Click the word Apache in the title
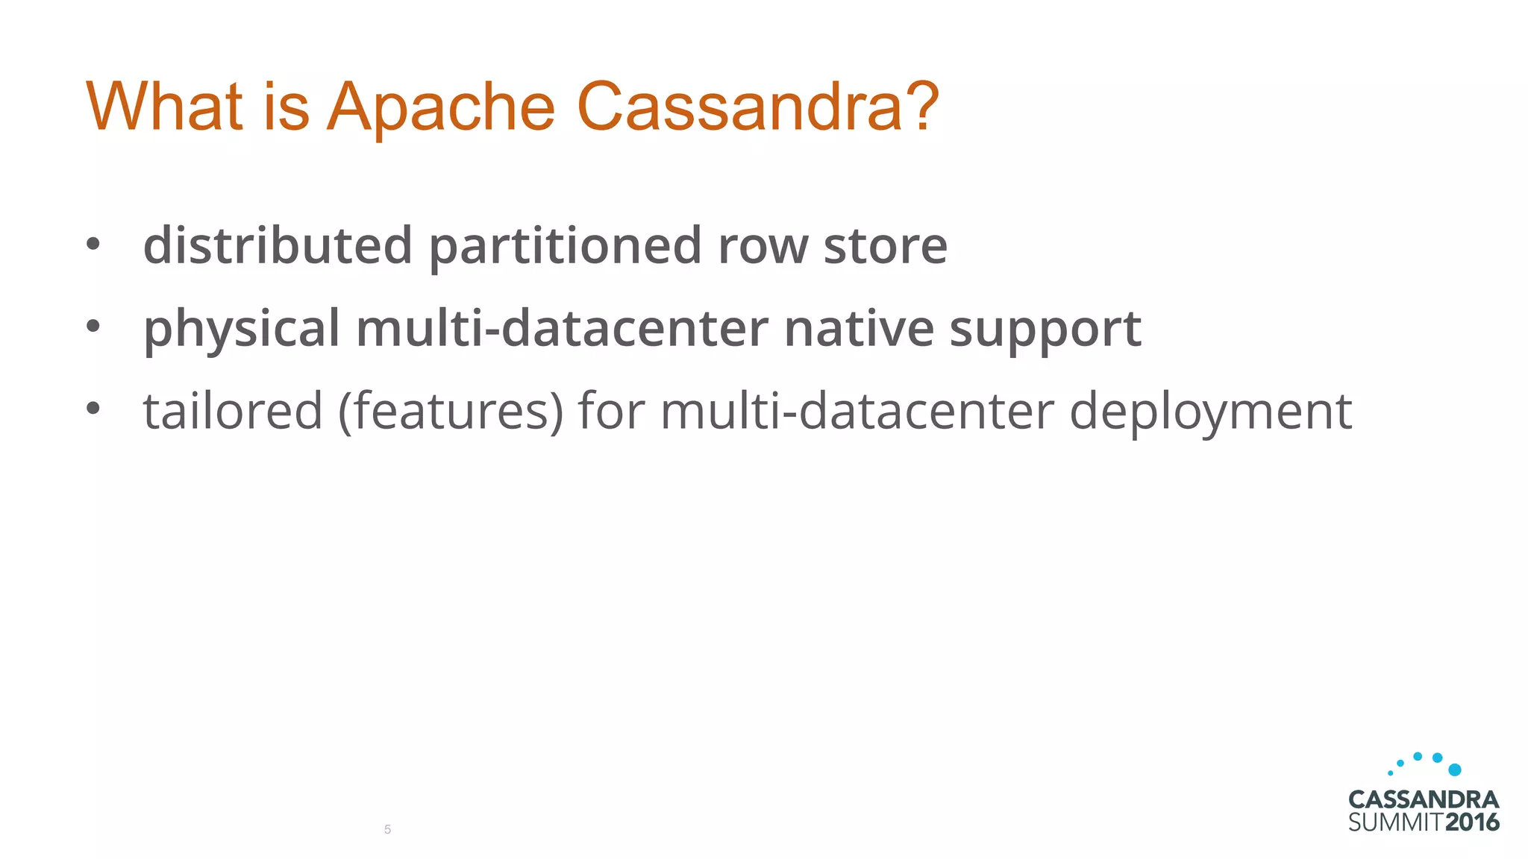point(441,108)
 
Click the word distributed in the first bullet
point(278,245)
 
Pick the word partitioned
point(565,247)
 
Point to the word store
point(885,246)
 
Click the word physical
point(241,329)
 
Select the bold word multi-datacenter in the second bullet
point(562,328)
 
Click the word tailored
point(233,411)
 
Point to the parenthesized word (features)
point(450,412)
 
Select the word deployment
point(1210,412)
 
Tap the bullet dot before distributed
point(93,244)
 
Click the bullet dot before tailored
point(93,409)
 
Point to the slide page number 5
point(387,830)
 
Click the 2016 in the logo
point(1471,823)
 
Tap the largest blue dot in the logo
point(1454,770)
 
